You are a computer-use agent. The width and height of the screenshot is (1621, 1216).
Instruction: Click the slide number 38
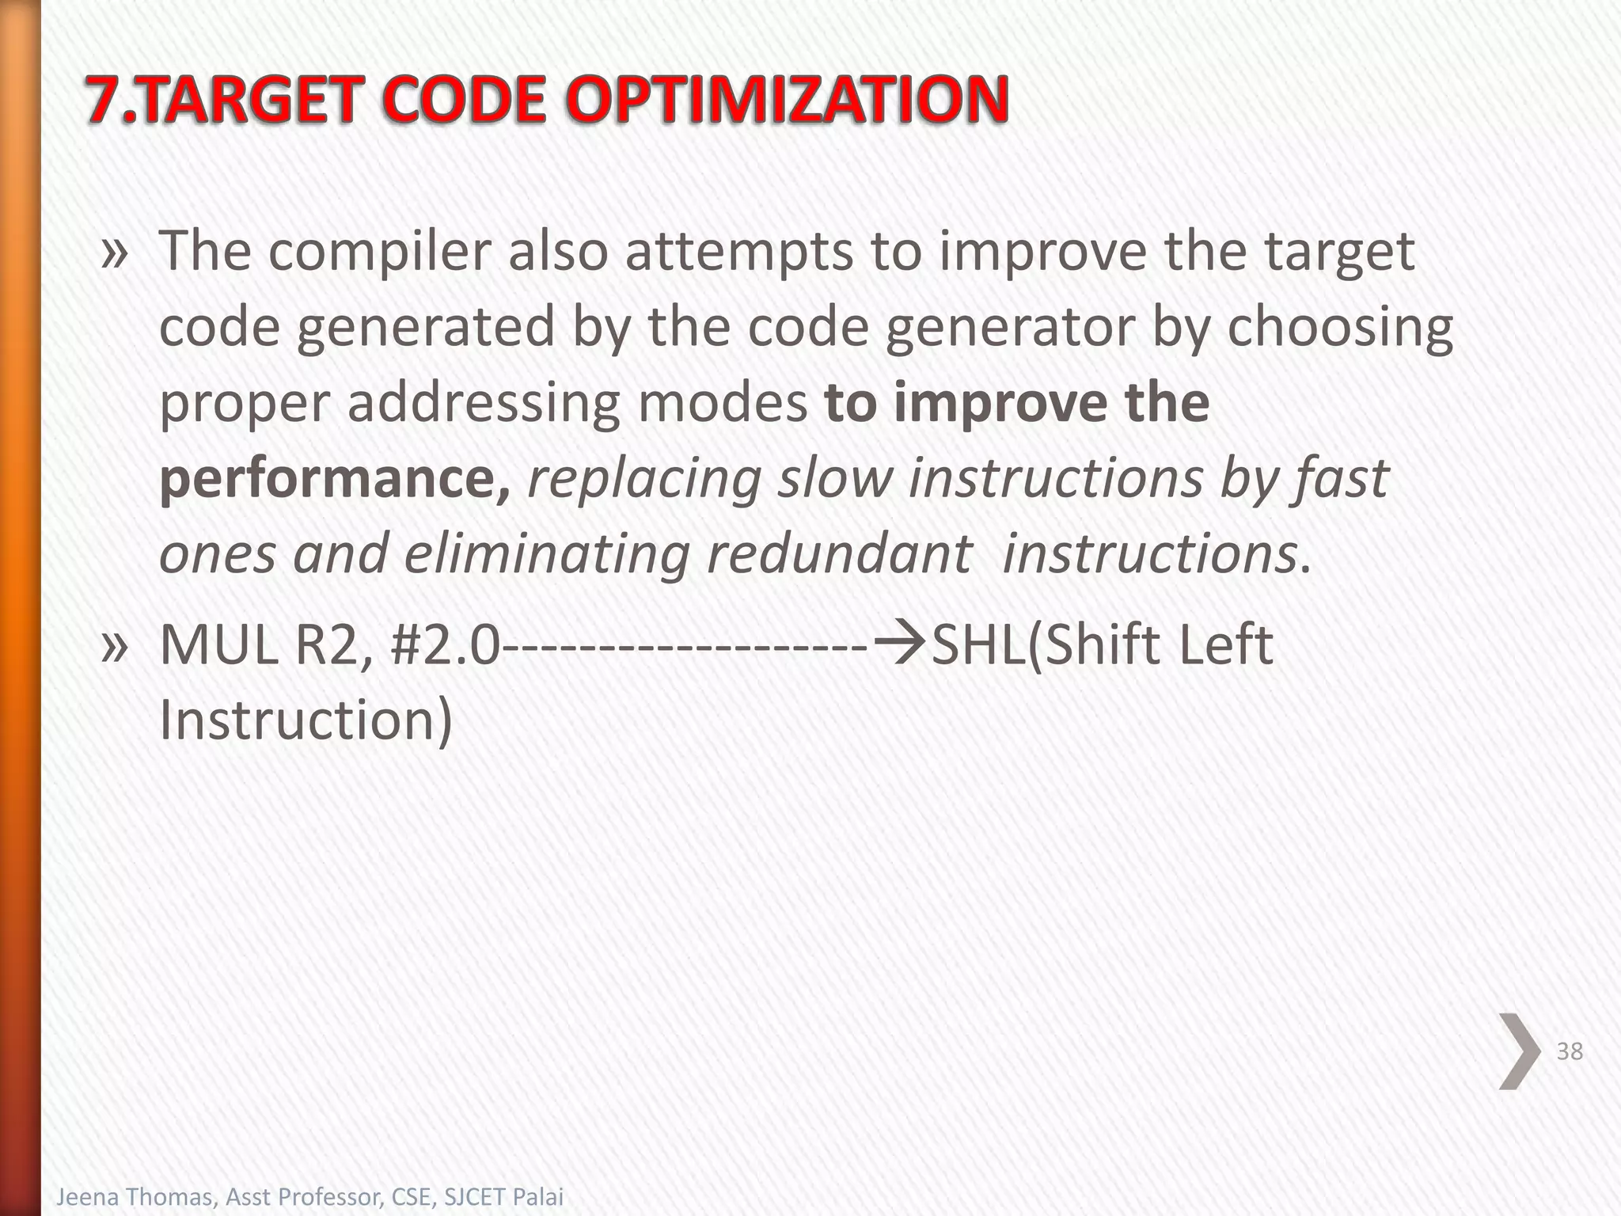(1570, 1051)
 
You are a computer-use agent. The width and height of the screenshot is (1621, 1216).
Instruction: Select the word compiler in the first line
(379, 252)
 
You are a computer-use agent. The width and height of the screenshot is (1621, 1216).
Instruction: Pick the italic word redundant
(838, 553)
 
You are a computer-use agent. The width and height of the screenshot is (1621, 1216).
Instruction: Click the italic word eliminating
(547, 553)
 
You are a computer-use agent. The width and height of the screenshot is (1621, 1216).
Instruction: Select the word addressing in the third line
(484, 403)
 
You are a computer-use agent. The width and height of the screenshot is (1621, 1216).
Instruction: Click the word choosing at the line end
(1339, 328)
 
